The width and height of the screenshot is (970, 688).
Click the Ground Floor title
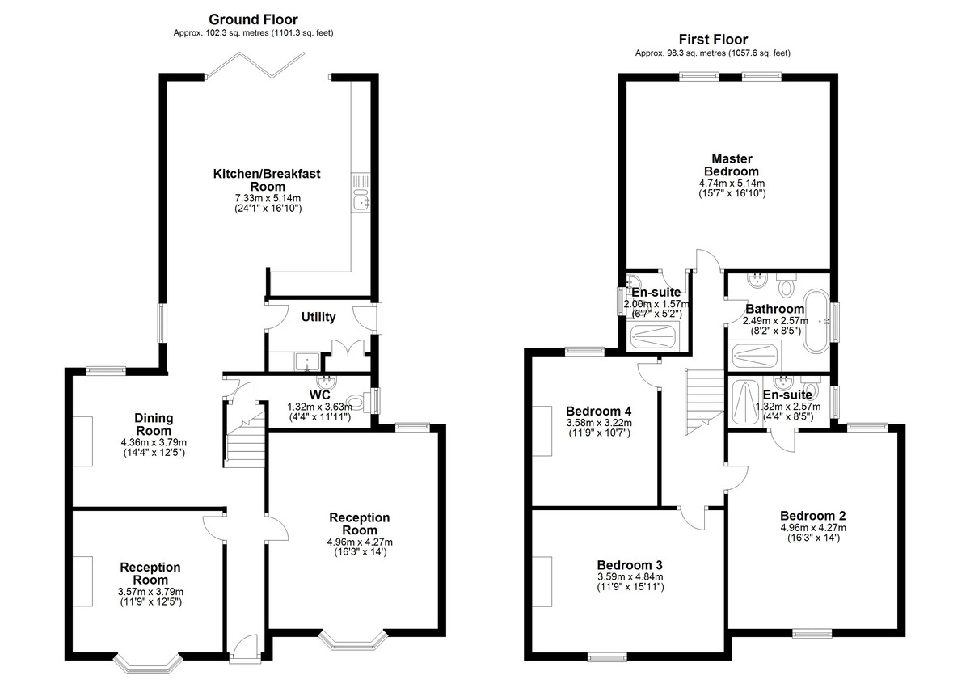tap(253, 19)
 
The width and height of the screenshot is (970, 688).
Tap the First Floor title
tap(713, 40)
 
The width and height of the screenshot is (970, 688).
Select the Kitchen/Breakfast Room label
tap(268, 180)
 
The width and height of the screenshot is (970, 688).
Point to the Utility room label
tap(318, 317)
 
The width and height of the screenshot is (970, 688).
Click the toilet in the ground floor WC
tap(359, 401)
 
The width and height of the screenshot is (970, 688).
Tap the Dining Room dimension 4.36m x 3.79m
tap(154, 443)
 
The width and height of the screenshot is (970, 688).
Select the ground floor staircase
tap(244, 435)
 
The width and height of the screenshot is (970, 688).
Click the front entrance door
tap(245, 648)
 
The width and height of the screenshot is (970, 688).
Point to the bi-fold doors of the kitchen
tap(255, 65)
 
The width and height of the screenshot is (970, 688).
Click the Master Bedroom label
tap(732, 165)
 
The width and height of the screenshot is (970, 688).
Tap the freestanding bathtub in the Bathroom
tap(816, 322)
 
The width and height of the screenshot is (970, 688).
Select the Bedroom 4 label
tap(598, 411)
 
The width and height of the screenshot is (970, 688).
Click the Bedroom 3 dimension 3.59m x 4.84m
tap(630, 576)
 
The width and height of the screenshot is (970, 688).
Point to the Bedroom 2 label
tap(813, 516)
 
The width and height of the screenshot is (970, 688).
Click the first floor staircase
tap(705, 403)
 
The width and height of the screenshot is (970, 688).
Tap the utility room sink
tap(307, 361)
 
